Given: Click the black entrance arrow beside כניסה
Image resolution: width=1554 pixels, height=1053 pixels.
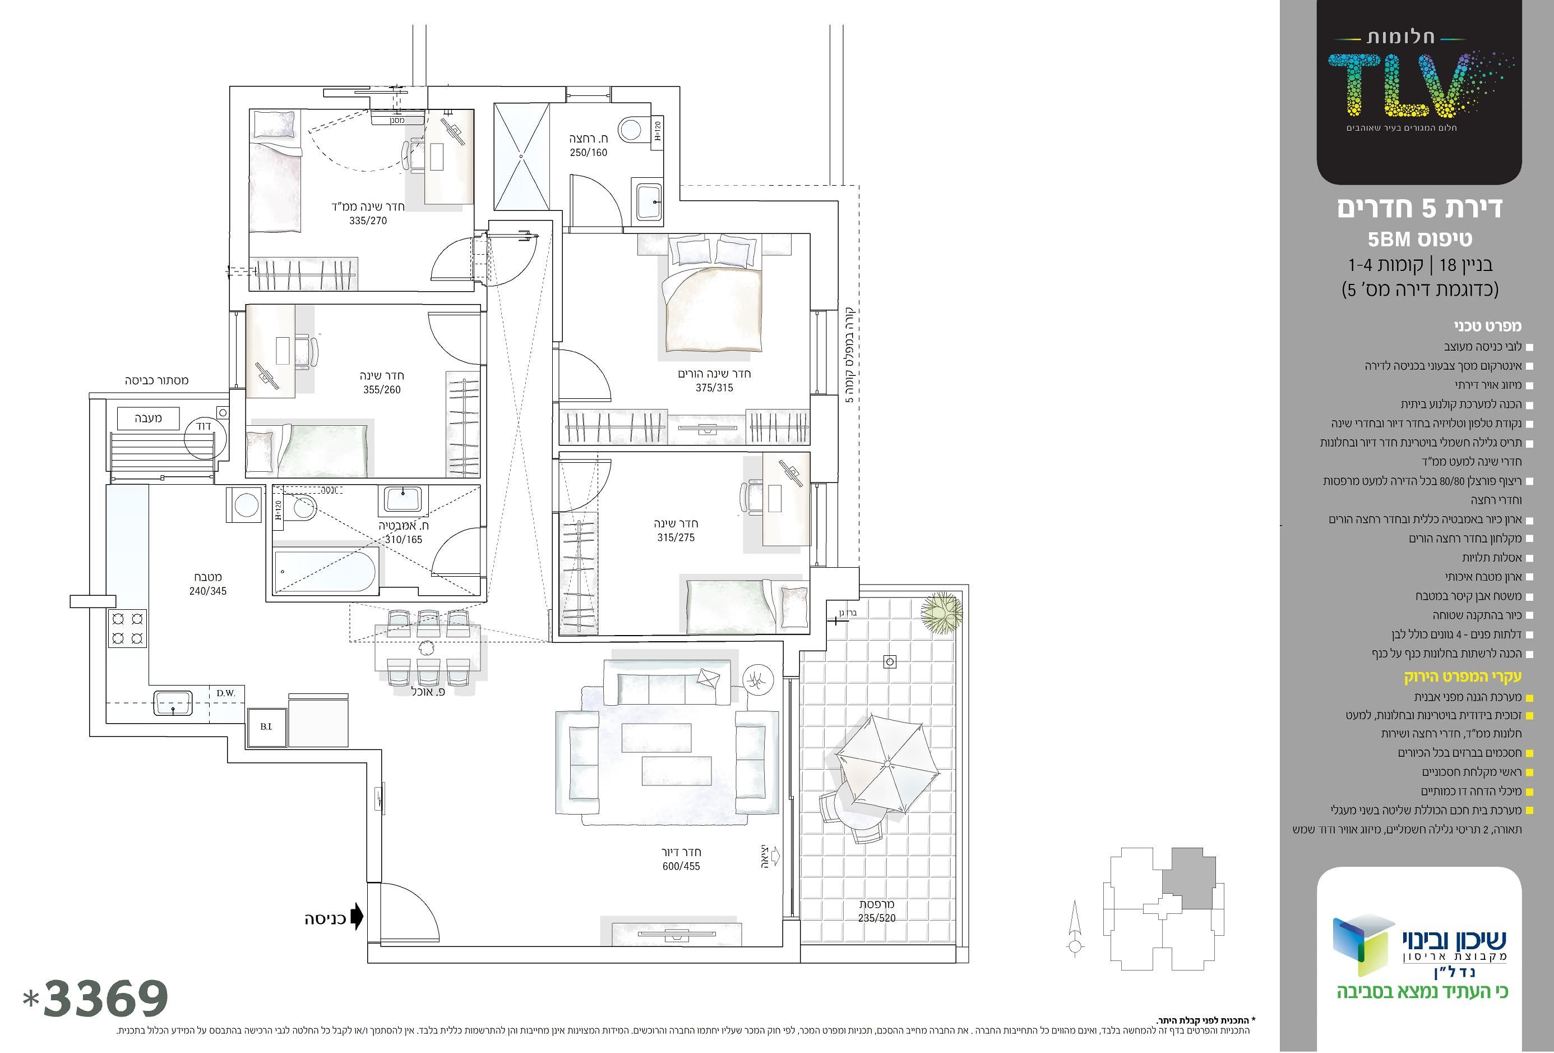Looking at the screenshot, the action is click(357, 917).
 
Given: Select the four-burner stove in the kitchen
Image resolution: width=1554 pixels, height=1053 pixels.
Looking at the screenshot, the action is click(127, 628).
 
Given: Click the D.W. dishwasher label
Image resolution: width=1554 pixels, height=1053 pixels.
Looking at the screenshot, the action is click(225, 693).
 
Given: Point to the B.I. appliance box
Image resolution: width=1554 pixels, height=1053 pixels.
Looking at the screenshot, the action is click(267, 726).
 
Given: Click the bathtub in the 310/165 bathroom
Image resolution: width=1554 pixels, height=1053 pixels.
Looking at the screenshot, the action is click(326, 571).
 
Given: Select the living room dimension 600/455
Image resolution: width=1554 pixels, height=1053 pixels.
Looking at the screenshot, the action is click(681, 866).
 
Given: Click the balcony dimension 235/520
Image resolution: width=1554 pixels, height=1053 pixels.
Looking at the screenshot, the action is click(877, 918).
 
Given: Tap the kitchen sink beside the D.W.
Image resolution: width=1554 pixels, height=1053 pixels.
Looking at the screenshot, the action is click(173, 703).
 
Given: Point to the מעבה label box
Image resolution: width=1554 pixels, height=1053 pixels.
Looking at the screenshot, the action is click(148, 418).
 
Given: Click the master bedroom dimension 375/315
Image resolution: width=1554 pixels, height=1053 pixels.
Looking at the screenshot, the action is click(714, 388).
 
